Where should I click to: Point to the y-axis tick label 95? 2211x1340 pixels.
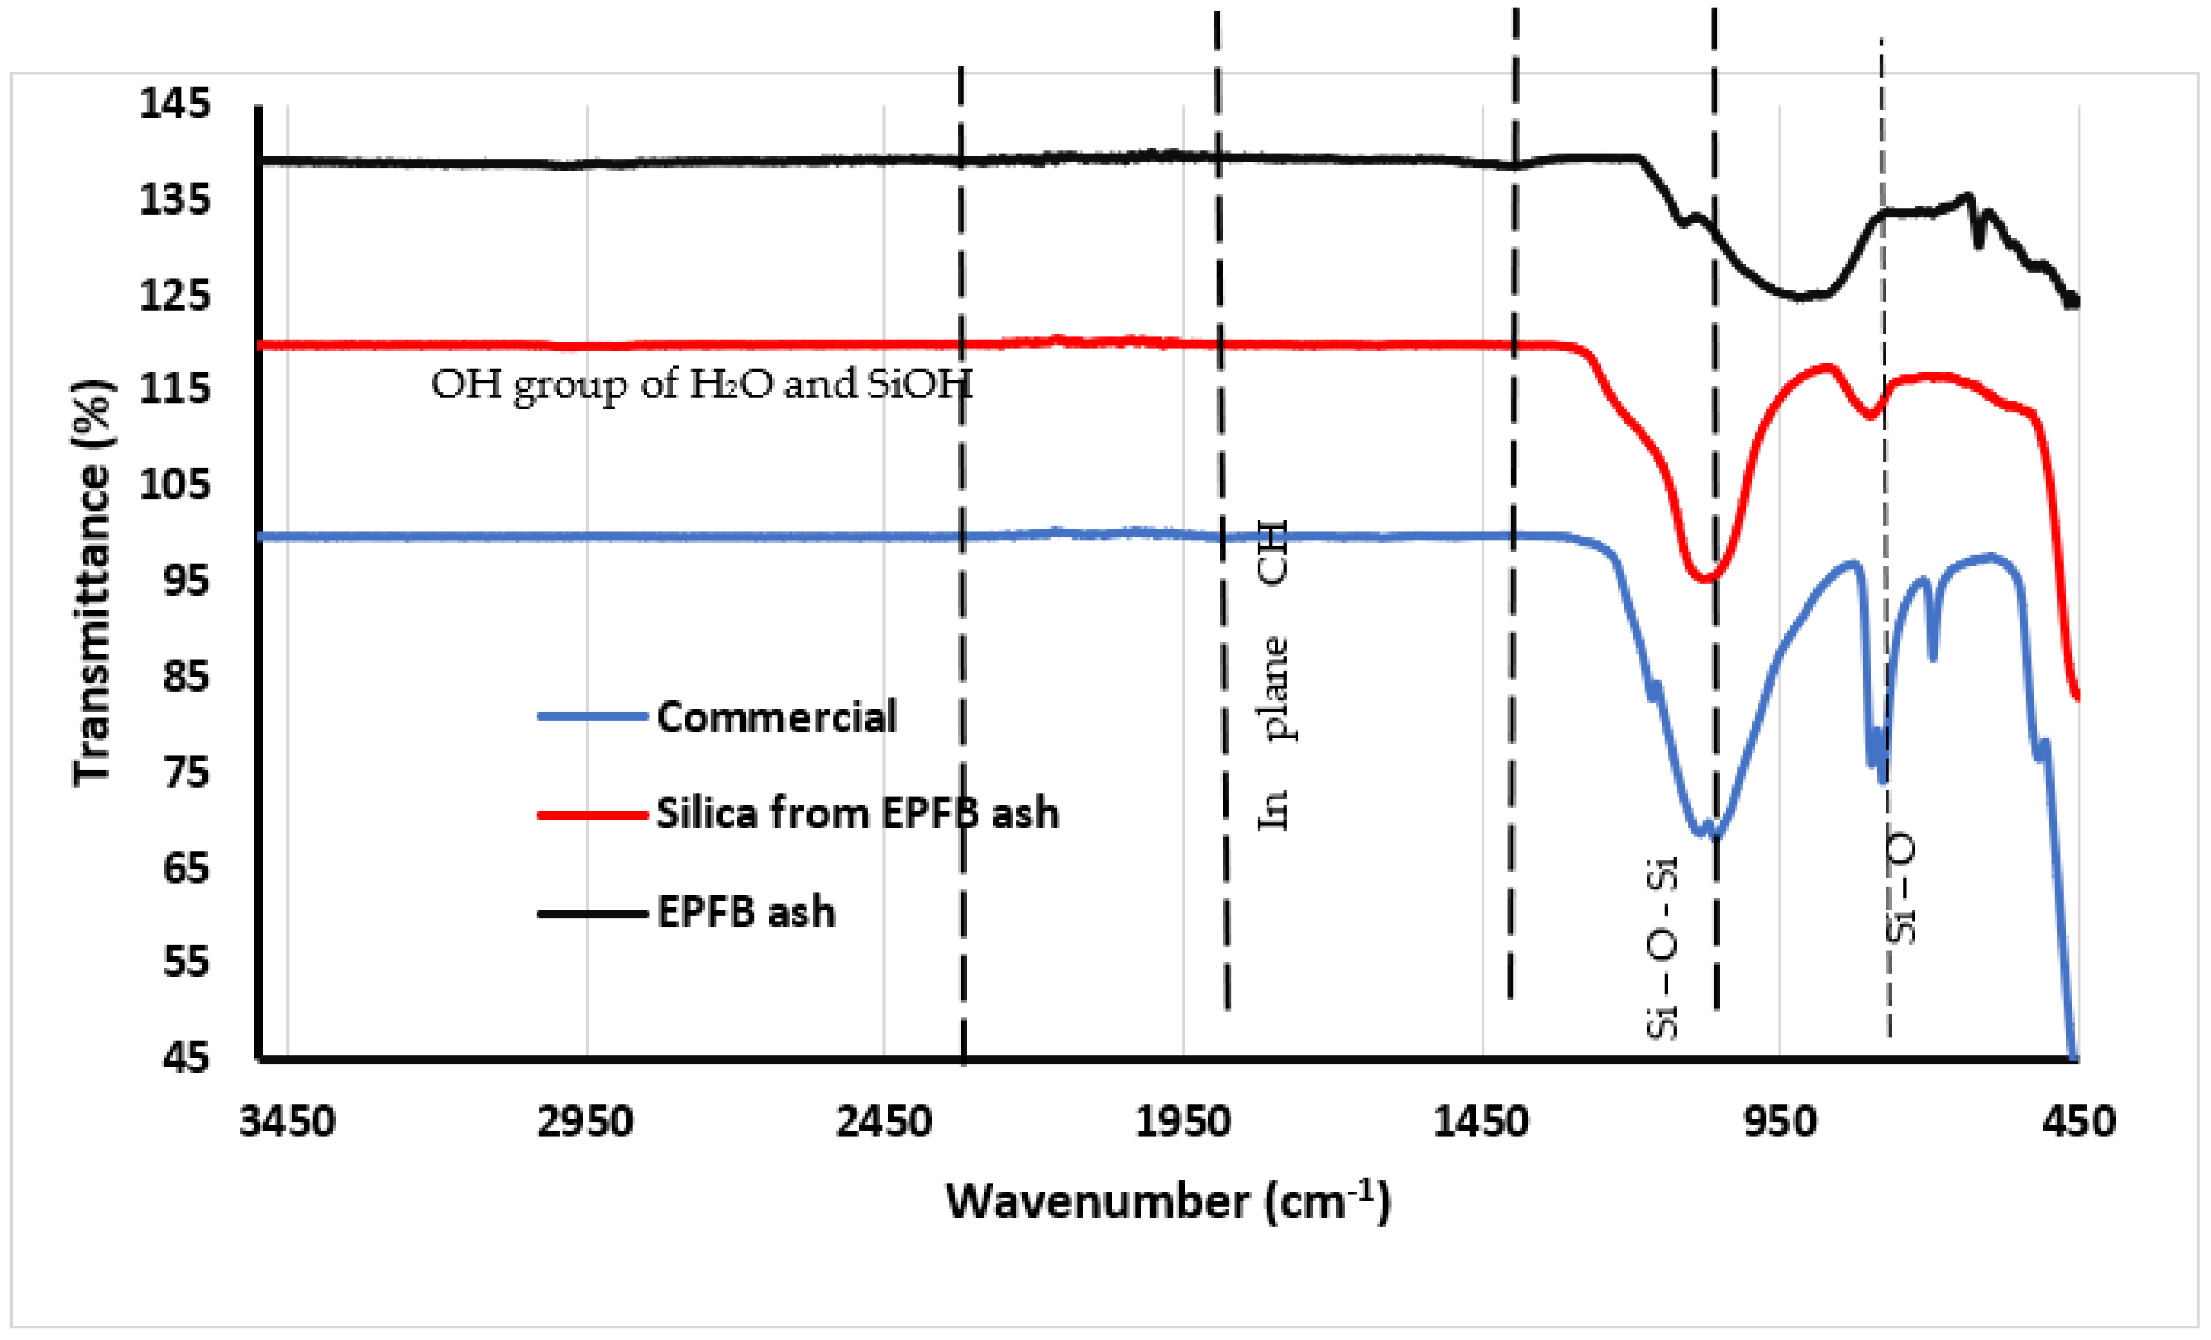tap(186, 581)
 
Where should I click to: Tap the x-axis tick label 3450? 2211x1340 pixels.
tap(287, 1123)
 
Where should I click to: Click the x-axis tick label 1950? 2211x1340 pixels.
tap(1183, 1123)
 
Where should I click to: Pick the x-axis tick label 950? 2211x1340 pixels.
tap(1780, 1123)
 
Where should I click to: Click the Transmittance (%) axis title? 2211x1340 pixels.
tap(93, 583)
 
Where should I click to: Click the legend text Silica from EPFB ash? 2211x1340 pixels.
tap(857, 814)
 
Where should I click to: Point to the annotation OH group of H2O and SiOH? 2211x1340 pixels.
tap(701, 386)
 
